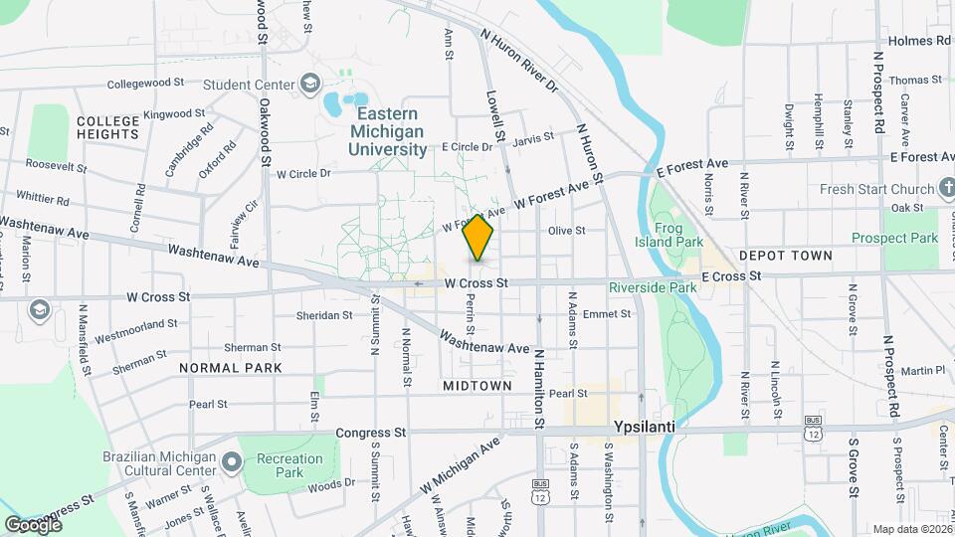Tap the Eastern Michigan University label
point(388,131)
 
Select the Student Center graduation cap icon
point(310,85)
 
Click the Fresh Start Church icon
point(943,189)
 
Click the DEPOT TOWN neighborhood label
point(784,256)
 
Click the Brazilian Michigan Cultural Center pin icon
point(232,461)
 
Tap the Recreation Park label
point(288,465)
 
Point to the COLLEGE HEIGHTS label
point(107,127)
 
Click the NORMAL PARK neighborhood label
point(231,368)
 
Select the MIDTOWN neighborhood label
point(477,385)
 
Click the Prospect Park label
point(894,239)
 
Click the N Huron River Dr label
point(518,61)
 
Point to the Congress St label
point(371,433)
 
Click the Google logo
point(33,524)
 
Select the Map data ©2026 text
point(912,529)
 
